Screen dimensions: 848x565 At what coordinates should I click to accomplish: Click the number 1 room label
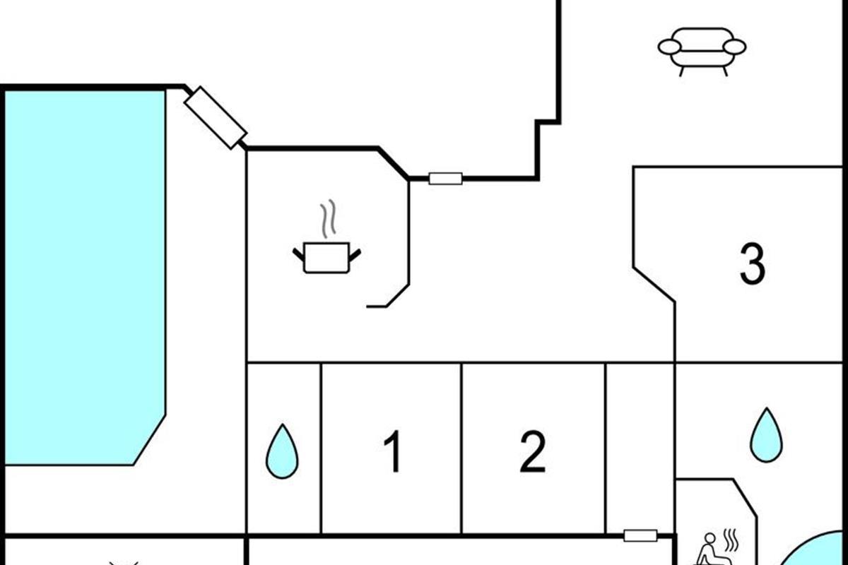point(394,451)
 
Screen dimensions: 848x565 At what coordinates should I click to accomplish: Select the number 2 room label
point(533,451)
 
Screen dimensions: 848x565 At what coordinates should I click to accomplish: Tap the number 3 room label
point(753,263)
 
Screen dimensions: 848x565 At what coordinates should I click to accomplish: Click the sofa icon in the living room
point(702,52)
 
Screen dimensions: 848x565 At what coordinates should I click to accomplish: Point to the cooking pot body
point(326,257)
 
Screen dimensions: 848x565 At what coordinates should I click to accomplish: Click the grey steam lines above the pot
point(328,218)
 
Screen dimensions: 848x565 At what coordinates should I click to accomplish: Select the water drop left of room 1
point(282,451)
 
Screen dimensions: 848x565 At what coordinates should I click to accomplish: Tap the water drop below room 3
point(767,435)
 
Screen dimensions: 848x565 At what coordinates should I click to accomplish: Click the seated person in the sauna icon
point(707,549)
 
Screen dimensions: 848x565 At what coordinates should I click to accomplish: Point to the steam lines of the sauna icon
point(731,540)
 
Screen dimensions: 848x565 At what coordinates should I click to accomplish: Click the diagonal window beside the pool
point(216,118)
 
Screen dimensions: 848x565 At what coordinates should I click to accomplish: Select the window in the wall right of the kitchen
point(446,179)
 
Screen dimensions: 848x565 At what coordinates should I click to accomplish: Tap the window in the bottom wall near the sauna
point(640,535)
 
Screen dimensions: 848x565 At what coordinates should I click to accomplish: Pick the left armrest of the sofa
point(670,47)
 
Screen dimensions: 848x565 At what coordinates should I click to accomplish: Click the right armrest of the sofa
point(734,47)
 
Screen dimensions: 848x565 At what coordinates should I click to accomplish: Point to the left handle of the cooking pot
point(298,255)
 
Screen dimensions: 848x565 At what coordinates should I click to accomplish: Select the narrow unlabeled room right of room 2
point(640,448)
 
